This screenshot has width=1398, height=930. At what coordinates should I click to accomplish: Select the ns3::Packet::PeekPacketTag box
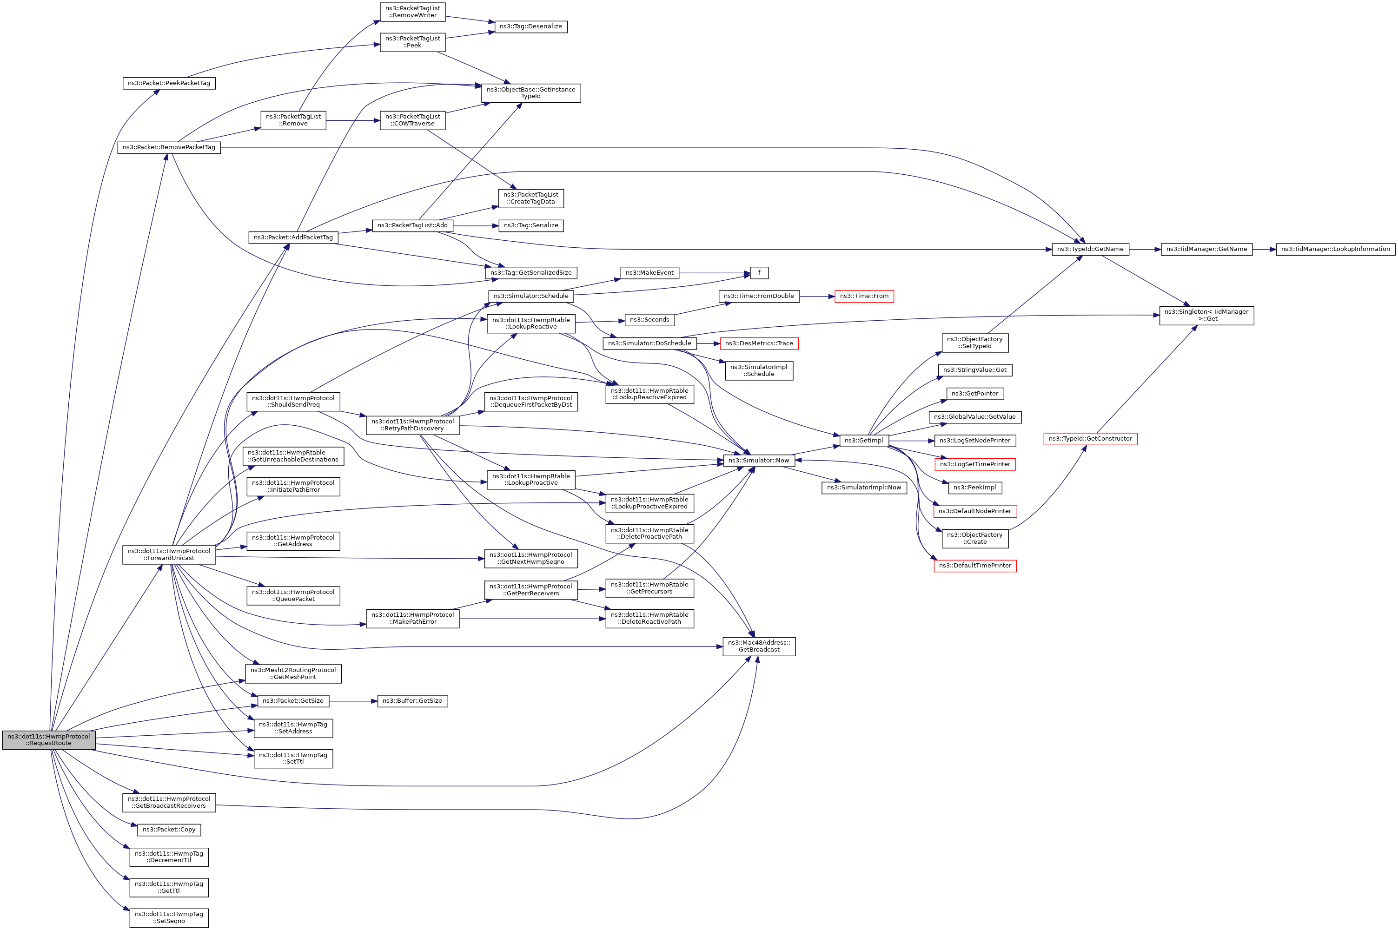coord(169,83)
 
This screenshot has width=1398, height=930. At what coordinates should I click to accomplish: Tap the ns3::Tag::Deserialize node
coord(531,26)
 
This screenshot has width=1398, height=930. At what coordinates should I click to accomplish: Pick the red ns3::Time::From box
coord(864,296)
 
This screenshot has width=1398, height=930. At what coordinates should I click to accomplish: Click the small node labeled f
coord(759,273)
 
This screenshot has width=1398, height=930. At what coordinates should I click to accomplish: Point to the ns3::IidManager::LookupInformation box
coord(1335,249)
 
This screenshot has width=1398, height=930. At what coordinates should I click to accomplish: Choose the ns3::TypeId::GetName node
coord(1090,249)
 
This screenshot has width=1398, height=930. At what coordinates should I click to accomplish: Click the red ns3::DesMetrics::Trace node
coord(759,343)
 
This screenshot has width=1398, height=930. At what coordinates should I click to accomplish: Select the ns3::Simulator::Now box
coord(759,460)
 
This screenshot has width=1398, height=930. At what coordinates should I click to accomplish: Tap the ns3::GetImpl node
coord(864,440)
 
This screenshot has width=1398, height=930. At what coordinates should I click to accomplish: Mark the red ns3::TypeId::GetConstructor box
coord(1090,439)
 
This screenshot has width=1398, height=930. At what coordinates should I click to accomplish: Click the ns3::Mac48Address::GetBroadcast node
coord(759,646)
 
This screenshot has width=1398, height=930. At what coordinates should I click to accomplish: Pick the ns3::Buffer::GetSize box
coord(412,700)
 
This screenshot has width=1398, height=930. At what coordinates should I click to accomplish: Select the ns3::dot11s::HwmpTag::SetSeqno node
coord(169,917)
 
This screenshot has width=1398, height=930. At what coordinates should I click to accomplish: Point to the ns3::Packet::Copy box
coord(169,829)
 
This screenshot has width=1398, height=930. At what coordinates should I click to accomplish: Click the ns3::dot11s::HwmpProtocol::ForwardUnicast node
coord(169,554)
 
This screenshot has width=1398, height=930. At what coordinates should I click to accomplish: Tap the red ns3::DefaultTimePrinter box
coord(975,565)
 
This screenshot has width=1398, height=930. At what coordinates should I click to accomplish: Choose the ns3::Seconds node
coord(649,320)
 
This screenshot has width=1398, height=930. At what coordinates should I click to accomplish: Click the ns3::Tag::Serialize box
coord(531,225)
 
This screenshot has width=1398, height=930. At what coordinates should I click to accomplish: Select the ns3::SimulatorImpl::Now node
coord(864,488)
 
